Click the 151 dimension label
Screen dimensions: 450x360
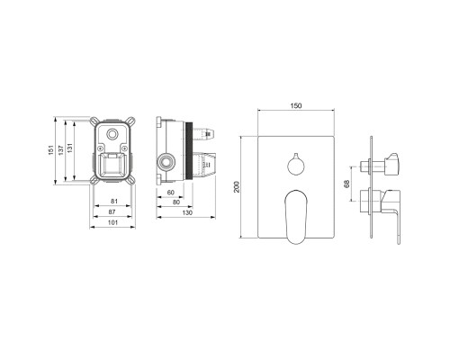[x=51, y=150]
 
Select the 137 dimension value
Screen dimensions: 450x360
[x=61, y=150]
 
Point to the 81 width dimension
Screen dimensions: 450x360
[x=113, y=201]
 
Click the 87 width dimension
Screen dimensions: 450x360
[x=112, y=211]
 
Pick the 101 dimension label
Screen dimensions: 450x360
[x=112, y=222]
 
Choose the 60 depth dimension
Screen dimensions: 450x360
[x=171, y=193]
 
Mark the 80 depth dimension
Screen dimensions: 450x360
[x=176, y=202]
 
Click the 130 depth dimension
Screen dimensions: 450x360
[x=187, y=213]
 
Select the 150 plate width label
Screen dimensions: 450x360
[x=296, y=105]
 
